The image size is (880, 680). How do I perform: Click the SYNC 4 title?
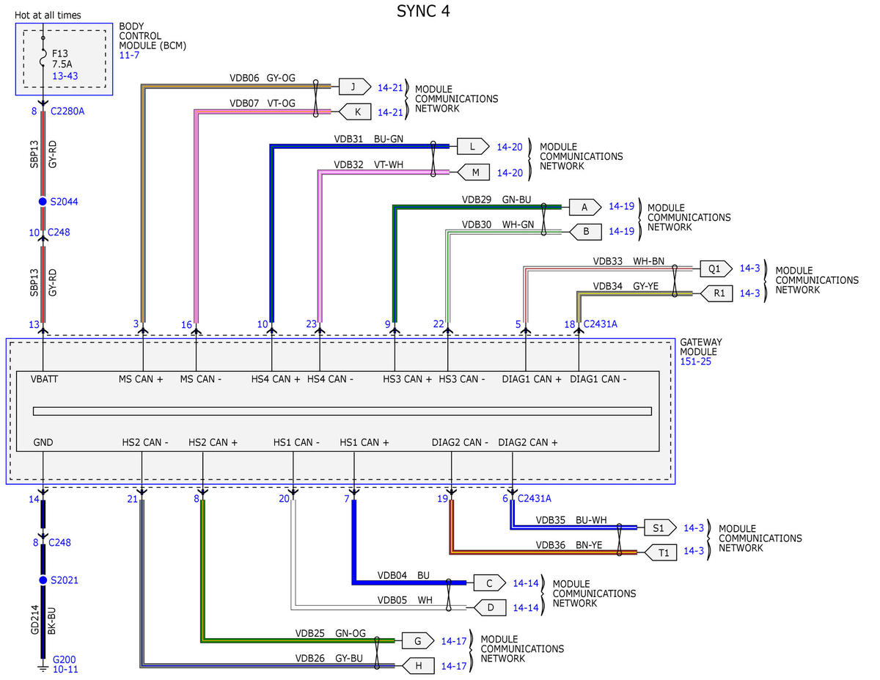pos(423,11)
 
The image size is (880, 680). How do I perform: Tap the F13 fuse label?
pos(60,54)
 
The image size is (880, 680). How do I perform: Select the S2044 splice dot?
pos(43,201)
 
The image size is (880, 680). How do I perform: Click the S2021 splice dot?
pos(43,580)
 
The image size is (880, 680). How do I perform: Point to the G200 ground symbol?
pos(43,668)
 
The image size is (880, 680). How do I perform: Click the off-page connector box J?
pos(355,87)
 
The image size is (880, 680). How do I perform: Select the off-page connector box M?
pos(474,172)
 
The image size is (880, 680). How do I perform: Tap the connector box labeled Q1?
pos(716,268)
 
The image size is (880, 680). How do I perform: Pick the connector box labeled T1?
pos(661,552)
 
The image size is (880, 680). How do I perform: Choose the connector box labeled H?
pos(418,665)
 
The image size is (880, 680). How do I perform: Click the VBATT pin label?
pos(44,379)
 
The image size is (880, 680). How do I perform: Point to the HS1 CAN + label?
pos(364,442)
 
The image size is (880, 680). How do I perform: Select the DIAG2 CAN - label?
pos(460,442)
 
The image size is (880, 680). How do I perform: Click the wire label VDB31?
pos(348,139)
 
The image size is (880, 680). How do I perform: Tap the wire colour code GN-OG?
pos(351,633)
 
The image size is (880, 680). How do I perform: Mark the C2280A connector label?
pos(67,111)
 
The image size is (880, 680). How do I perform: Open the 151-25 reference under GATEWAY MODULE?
pos(695,361)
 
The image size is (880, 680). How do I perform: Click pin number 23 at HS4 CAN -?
pos(311,323)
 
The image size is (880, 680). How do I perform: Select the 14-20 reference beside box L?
pos(510,147)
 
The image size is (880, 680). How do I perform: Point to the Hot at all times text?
pos(48,15)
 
